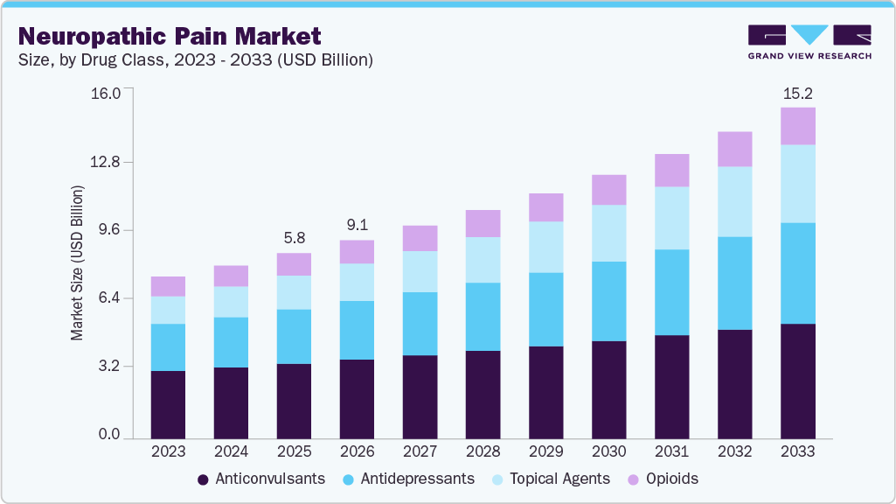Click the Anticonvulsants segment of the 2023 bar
168,404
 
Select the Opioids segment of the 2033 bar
797,126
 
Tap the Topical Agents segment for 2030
608,233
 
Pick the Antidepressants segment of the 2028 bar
483,317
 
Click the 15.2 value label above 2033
797,93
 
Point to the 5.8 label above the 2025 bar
294,238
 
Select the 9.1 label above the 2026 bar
357,224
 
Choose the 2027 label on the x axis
420,451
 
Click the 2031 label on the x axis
671,451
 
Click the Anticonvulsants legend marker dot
203,479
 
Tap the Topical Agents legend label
559,479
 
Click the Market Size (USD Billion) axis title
77,262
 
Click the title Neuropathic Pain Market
170,36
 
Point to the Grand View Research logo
809,41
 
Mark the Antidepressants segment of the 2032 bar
734,283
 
